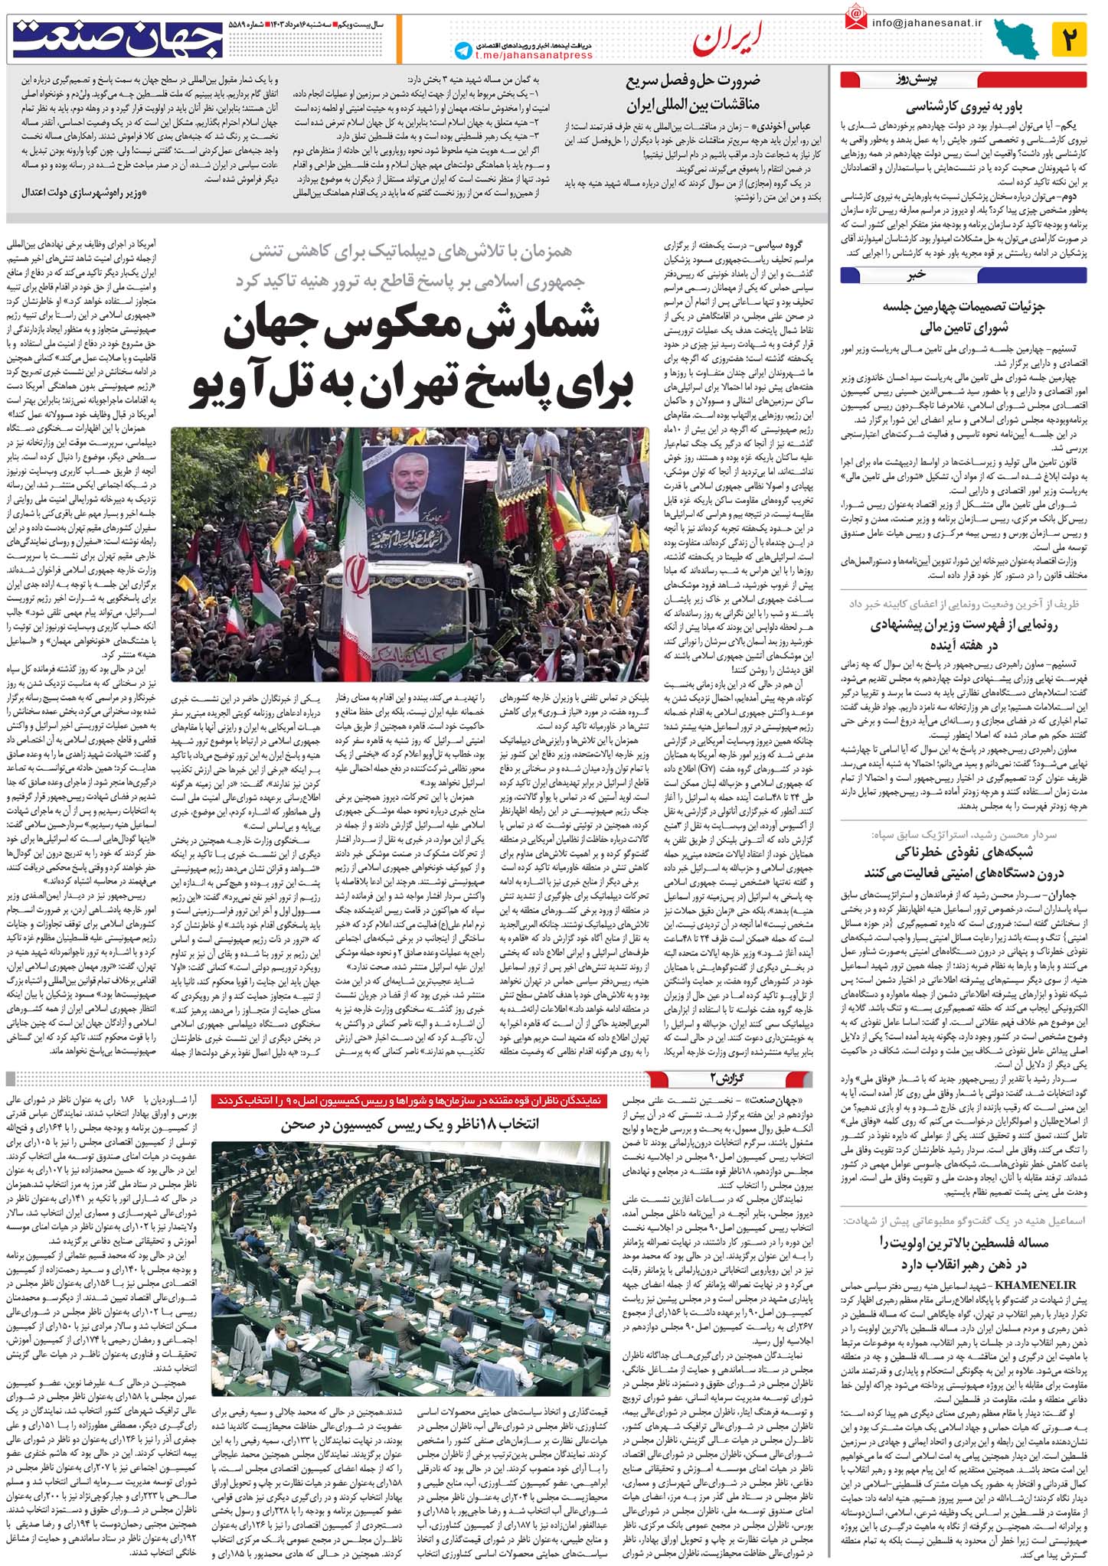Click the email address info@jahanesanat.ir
927,22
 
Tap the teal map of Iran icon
1018,39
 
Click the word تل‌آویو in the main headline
254,384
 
